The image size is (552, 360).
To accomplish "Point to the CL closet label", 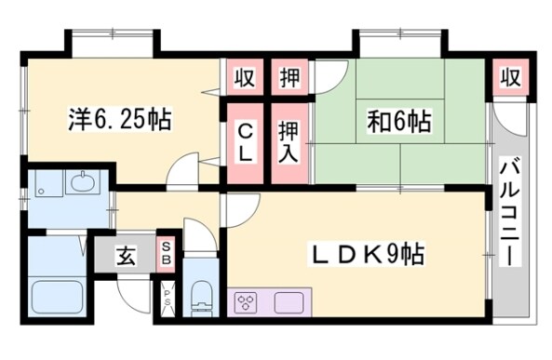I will click(245, 143).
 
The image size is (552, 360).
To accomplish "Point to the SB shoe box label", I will click(166, 253).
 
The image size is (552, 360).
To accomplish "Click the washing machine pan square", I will click(46, 186).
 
